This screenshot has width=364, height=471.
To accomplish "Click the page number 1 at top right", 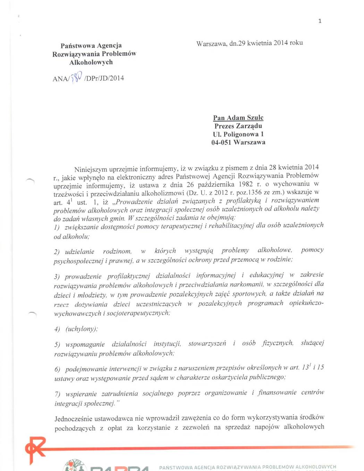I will tap(320, 21).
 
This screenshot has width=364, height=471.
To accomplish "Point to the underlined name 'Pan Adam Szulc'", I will tap(238, 118).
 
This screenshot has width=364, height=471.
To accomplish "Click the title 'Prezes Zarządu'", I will tap(238, 126).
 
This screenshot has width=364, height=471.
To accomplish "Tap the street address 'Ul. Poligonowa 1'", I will tap(238, 134).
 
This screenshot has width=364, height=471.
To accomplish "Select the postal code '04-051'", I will tap(221, 142).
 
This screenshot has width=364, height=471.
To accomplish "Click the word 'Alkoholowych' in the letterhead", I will tap(91, 62).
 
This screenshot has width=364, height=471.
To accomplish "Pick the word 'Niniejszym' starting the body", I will tap(91, 170).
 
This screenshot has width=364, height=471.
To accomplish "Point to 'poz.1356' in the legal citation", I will tap(249, 192).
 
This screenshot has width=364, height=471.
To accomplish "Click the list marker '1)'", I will tap(57, 228).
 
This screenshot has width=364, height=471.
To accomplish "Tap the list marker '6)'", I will tap(57, 369).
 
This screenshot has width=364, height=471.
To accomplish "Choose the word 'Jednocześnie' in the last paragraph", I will tap(74, 419).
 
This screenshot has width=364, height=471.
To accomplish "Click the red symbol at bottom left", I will tap(35, 450).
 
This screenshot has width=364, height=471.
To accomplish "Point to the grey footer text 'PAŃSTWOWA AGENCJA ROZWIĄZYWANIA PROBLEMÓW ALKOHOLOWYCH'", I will tap(247, 467).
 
